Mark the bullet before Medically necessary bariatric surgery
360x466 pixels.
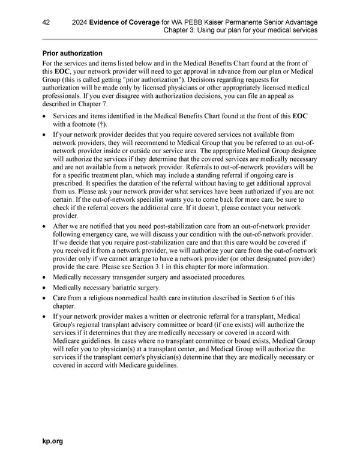44,288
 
